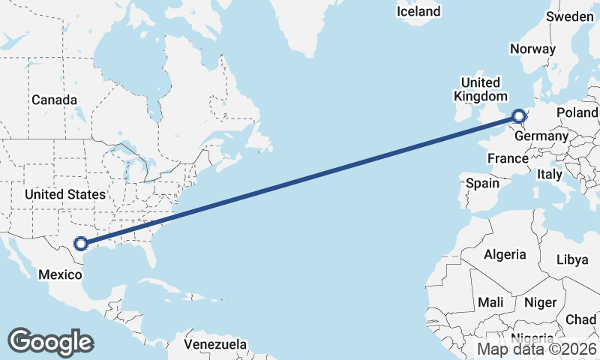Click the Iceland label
[x=419, y=11]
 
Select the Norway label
[x=532, y=49]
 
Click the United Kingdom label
[x=480, y=89]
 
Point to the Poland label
[x=577, y=112]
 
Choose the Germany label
[x=541, y=136]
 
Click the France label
[x=508, y=158]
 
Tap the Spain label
[x=482, y=183]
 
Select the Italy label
[x=550, y=174]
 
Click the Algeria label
[x=505, y=255]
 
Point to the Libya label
[x=572, y=260]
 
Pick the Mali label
[x=491, y=302]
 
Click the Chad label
[x=581, y=319]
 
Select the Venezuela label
[x=216, y=344]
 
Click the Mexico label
[x=61, y=274]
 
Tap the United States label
[x=64, y=195]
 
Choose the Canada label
[x=54, y=100]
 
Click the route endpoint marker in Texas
[x=81, y=243]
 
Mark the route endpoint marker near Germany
[x=519, y=115]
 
